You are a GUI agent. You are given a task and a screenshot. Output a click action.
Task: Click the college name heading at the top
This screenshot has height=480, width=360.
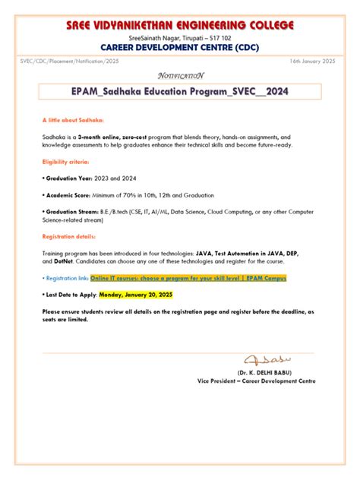[x=179, y=26]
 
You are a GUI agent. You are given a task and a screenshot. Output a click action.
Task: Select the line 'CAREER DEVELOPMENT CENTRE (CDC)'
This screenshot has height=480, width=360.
[x=179, y=46]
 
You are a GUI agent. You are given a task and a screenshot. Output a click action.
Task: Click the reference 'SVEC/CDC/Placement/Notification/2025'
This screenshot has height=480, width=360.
[x=70, y=60]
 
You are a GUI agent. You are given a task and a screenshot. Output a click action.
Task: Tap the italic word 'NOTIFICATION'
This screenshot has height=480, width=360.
[x=180, y=75]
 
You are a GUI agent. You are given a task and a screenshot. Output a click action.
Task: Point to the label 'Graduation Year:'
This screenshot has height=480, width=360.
[x=69, y=178]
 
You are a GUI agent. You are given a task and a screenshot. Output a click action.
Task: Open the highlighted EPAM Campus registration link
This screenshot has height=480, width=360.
[x=188, y=278]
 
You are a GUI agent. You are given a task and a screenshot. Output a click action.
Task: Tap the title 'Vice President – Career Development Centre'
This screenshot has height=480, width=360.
[x=256, y=381]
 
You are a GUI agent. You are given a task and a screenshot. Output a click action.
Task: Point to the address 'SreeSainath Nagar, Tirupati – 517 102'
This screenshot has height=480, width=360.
[x=179, y=36]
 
